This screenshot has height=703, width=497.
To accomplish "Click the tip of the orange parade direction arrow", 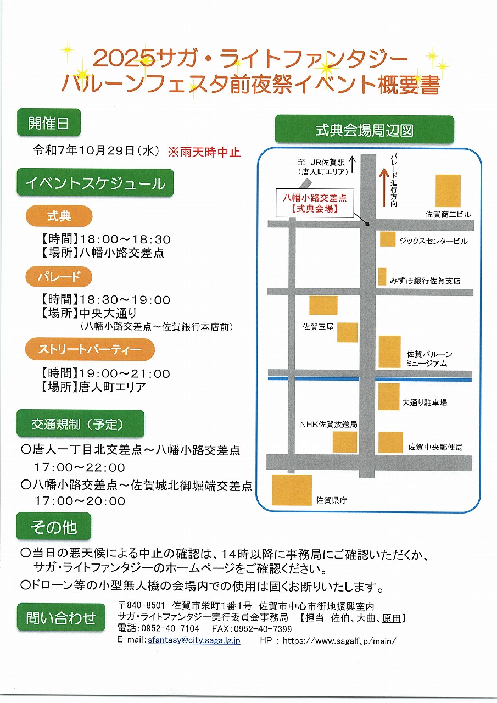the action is click(384, 168).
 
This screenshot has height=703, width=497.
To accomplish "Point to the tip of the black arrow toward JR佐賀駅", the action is click(353, 157).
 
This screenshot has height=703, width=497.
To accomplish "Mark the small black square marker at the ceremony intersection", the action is click(367, 224).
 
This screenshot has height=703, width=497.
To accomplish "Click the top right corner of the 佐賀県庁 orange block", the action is click(311, 475).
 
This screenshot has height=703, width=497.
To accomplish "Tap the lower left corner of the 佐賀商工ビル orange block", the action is click(436, 207).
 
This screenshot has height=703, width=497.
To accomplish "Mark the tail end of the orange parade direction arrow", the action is click(384, 207).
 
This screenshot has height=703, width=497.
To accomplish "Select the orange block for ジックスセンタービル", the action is click(388, 239).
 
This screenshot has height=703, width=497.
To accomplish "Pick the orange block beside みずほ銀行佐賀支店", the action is click(382, 276).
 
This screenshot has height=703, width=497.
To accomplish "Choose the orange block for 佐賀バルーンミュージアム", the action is click(389, 351).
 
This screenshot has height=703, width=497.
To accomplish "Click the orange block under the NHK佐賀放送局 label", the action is click(344, 442).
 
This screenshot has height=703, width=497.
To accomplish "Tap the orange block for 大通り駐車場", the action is click(389, 397).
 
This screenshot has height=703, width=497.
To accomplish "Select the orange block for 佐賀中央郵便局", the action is click(390, 442).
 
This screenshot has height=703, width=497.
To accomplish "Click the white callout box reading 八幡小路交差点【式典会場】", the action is click(315, 203).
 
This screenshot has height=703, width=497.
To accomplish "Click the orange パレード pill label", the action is click(59, 276).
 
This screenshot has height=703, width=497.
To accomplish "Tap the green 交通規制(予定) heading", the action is click(80, 423).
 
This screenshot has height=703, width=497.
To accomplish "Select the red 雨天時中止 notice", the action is click(204, 152).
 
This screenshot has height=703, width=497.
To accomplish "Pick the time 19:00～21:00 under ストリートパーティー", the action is click(125, 373).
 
